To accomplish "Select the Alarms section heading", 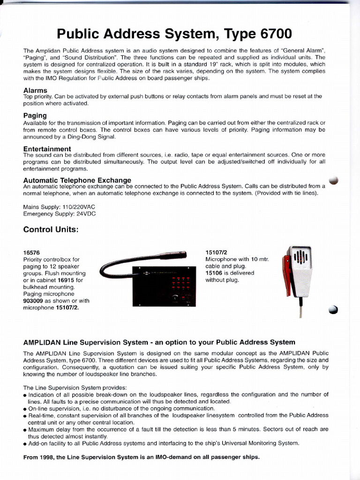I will click(x=35, y=90).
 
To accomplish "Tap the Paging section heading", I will click(x=35, y=115).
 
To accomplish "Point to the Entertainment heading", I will click(x=47, y=149).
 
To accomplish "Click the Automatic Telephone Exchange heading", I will click(x=77, y=180).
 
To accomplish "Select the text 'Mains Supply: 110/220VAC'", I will click(x=62, y=207).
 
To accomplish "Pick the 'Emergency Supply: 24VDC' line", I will click(x=60, y=213).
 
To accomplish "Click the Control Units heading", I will click(x=51, y=230).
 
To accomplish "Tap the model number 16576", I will click(x=32, y=253).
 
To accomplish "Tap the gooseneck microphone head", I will click(x=173, y=255).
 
